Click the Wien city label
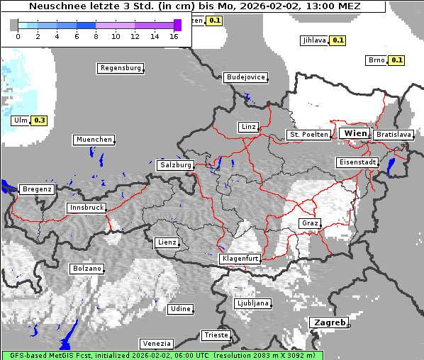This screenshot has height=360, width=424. click(355, 133)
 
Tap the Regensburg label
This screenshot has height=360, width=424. click(120, 68)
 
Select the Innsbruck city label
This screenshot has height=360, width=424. click(87, 208)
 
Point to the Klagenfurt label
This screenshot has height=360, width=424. click(239, 259)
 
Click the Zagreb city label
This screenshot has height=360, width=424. click(328, 322)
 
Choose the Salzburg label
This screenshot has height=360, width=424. click(175, 164)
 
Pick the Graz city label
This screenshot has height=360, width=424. click(309, 223)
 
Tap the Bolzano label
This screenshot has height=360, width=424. click(87, 269)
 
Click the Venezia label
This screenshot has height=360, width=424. click(155, 343)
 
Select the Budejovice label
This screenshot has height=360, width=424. click(245, 77)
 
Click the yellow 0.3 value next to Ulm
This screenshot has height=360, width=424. click(40, 120)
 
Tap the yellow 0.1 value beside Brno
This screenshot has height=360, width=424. click(396, 60)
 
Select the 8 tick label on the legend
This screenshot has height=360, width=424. click(96, 36)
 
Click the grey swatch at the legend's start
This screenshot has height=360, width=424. click(13, 25)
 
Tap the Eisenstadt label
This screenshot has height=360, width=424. click(357, 162)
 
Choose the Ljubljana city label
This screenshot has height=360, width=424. click(252, 303)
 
